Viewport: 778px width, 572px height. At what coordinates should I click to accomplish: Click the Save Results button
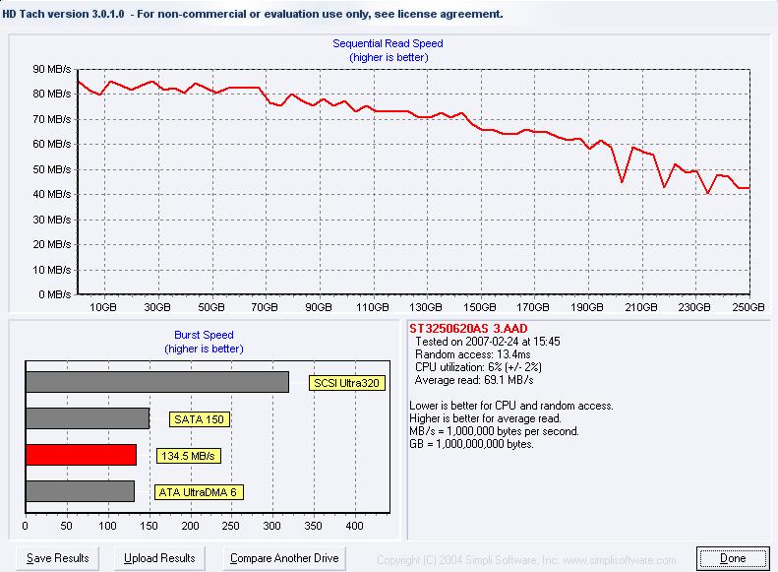(x=58, y=558)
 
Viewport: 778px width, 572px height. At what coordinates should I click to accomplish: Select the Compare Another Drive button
(x=284, y=558)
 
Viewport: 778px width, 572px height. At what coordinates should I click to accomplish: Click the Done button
(x=733, y=558)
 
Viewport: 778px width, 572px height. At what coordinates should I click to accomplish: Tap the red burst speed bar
(x=81, y=455)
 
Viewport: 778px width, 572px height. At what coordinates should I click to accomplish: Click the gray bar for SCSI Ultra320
(x=157, y=382)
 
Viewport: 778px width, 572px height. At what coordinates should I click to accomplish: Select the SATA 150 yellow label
(x=199, y=419)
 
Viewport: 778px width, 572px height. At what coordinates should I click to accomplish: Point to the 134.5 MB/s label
(x=188, y=456)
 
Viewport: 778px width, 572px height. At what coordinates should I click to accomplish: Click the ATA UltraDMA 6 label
(x=199, y=492)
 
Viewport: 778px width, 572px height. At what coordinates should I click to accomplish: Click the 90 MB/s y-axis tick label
(x=52, y=69)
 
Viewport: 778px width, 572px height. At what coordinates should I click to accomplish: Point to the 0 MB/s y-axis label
(x=55, y=294)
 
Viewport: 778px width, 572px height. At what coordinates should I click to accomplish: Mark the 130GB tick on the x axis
(x=426, y=307)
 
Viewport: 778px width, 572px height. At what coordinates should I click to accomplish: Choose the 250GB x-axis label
(x=748, y=307)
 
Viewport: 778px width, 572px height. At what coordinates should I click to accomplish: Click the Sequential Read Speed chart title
(x=388, y=43)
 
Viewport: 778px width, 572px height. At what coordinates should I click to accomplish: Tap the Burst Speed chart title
(x=204, y=335)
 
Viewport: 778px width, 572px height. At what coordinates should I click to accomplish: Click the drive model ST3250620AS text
(x=449, y=328)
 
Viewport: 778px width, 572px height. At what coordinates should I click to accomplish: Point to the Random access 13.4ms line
(x=473, y=354)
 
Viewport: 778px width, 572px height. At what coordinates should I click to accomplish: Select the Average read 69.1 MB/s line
(x=474, y=380)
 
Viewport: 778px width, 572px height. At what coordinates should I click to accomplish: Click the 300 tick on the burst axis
(x=271, y=526)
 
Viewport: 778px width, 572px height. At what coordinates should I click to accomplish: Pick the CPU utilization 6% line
(x=478, y=367)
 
